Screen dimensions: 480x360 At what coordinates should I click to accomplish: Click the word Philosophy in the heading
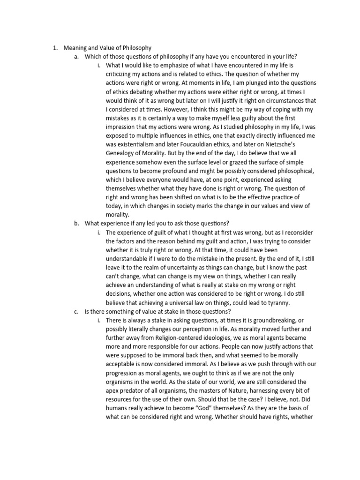(136, 48)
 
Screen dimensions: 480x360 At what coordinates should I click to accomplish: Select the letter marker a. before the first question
(76, 57)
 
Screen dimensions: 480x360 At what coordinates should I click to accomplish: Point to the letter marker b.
(76, 224)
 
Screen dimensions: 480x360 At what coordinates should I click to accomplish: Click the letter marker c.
(76, 312)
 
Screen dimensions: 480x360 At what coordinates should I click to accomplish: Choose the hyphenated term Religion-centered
(172, 338)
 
